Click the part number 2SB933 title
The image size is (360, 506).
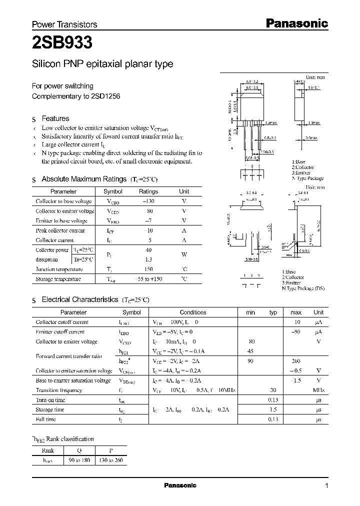(61, 43)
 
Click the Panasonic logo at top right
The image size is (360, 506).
(296, 23)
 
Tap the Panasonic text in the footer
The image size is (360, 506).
(180, 485)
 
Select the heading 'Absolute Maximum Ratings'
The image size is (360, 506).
(83, 179)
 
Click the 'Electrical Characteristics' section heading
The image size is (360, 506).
(79, 299)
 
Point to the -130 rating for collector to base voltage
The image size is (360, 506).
(148, 201)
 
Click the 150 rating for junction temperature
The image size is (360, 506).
(148, 269)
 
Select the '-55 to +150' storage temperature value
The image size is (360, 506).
(148, 279)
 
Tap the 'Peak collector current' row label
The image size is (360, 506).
(60, 230)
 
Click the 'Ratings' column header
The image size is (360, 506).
(148, 191)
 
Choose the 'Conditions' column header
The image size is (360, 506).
(193, 312)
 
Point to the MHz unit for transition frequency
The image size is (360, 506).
(318, 390)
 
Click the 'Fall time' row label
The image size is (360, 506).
(46, 419)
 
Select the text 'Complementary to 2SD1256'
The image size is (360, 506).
(76, 96)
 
